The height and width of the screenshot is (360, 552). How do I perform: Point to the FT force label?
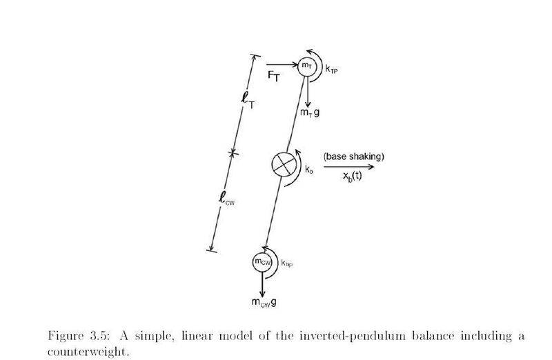(273, 76)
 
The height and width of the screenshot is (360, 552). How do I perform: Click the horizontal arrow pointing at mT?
(282, 64)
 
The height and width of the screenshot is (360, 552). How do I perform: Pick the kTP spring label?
(331, 70)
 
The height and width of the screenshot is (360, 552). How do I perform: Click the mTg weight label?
(310, 112)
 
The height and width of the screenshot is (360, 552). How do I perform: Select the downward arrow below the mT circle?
(308, 92)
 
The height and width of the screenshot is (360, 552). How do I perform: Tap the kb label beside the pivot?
(309, 170)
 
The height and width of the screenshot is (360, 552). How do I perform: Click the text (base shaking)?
(354, 157)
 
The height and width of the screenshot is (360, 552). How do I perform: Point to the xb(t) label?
(352, 175)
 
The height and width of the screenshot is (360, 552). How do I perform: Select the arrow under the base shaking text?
(349, 166)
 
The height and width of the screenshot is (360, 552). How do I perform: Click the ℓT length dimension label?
(248, 100)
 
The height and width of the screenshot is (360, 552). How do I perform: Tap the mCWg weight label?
(264, 302)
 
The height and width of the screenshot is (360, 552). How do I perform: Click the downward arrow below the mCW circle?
(262, 284)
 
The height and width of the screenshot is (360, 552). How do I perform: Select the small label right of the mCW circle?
(287, 263)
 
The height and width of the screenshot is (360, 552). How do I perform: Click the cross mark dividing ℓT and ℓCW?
(232, 152)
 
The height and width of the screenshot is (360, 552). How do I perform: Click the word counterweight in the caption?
(87, 352)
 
